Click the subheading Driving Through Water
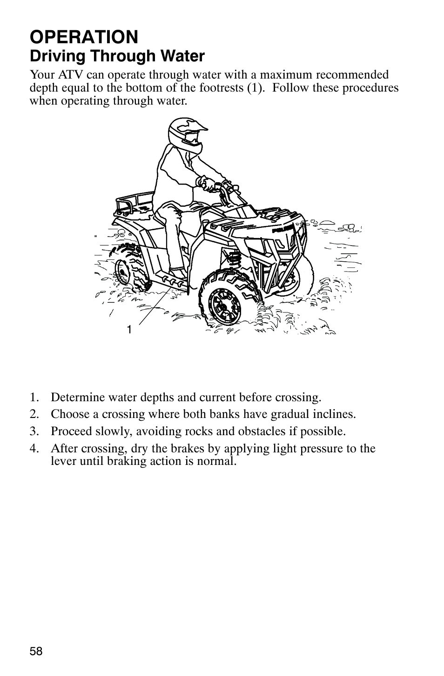tap(117, 56)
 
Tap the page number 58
tap(36, 651)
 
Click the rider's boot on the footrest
tap(177, 274)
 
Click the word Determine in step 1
tap(74, 398)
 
